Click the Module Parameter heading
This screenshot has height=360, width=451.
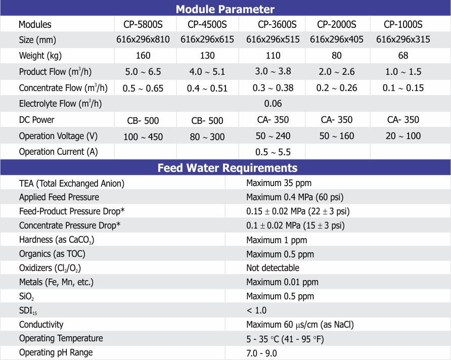[x=225, y=9]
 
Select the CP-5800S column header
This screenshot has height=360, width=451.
[x=144, y=24]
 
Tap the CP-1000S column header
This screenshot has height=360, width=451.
[x=403, y=24]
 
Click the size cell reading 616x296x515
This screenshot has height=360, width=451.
[x=273, y=39]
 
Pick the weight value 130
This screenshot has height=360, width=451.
[x=207, y=56]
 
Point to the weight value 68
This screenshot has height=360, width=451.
[x=403, y=56]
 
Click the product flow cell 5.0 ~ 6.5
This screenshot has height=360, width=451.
[x=144, y=72]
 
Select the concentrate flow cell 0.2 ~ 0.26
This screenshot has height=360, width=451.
[x=337, y=88]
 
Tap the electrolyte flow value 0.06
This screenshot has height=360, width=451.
[x=273, y=104]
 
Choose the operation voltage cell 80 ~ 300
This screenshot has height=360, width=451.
[x=207, y=136]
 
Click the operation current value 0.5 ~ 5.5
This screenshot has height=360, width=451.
[x=273, y=152]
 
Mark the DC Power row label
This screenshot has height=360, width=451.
[x=36, y=120]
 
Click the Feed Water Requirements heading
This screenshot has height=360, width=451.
[x=228, y=168]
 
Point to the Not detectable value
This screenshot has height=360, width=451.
[x=273, y=268]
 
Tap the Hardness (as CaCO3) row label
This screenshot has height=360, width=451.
[x=57, y=240]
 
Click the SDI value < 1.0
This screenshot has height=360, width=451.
[x=256, y=310]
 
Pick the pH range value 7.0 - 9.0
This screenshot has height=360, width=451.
[x=261, y=353]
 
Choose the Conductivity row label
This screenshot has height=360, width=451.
[x=41, y=325]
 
